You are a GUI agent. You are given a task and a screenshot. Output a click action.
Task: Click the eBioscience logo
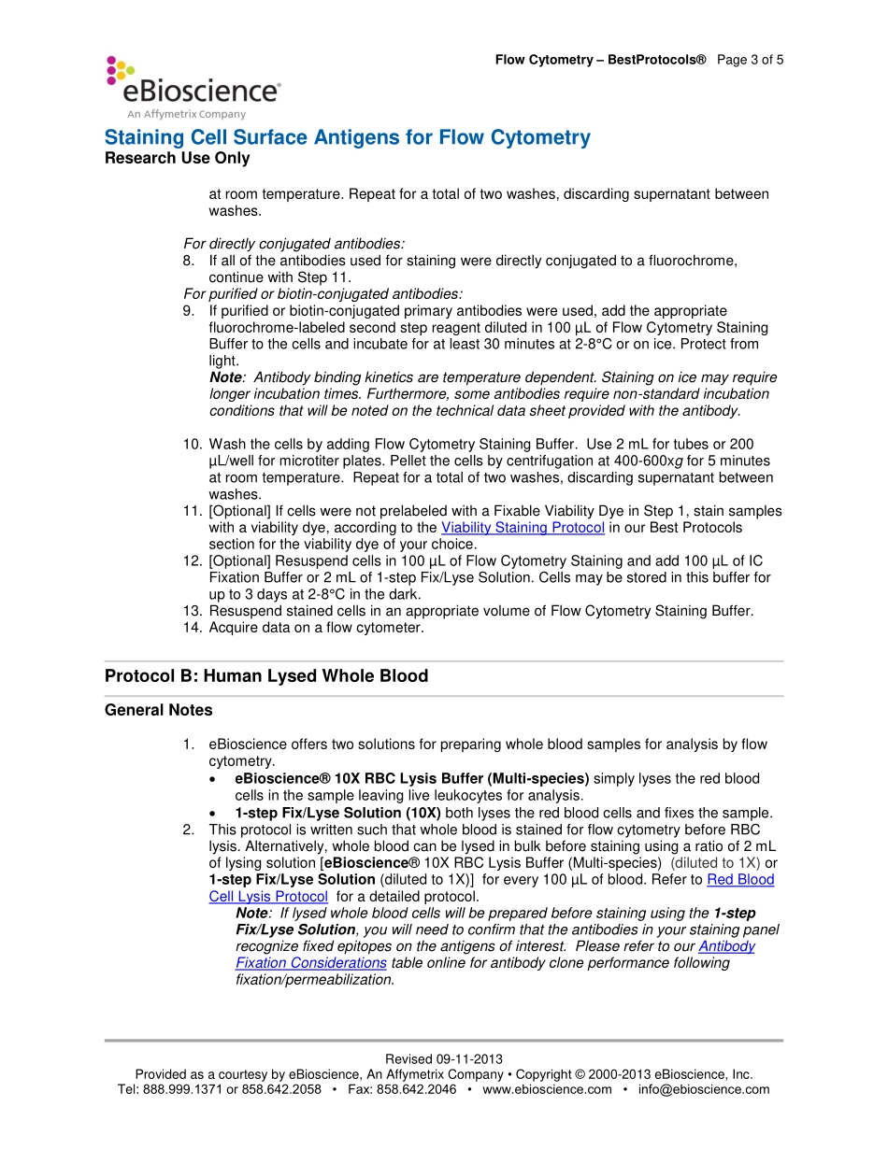[193, 87]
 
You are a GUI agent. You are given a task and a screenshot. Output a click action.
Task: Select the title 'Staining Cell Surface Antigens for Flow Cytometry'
[347, 137]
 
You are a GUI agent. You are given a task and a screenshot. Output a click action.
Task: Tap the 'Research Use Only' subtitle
[177, 158]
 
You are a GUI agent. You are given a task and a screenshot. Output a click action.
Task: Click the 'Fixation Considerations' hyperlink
[310, 963]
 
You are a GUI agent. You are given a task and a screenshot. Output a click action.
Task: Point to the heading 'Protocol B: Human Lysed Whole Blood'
[266, 675]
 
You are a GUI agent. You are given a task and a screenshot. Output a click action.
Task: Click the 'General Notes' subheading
[158, 710]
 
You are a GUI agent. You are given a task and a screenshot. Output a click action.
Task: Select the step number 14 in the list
[192, 628]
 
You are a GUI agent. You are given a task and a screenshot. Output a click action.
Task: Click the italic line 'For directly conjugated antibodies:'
[294, 245]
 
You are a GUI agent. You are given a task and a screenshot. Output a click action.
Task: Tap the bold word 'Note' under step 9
[225, 377]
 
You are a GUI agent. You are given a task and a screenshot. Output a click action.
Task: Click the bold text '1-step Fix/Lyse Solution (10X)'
[337, 813]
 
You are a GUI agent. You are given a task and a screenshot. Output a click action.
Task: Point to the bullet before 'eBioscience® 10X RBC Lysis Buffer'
[216, 779]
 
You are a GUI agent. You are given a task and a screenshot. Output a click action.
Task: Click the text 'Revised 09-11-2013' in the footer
[443, 1059]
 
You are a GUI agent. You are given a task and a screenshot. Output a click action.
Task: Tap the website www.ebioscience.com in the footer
[547, 1089]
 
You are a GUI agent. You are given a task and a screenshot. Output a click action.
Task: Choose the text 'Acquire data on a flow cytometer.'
[316, 628]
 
